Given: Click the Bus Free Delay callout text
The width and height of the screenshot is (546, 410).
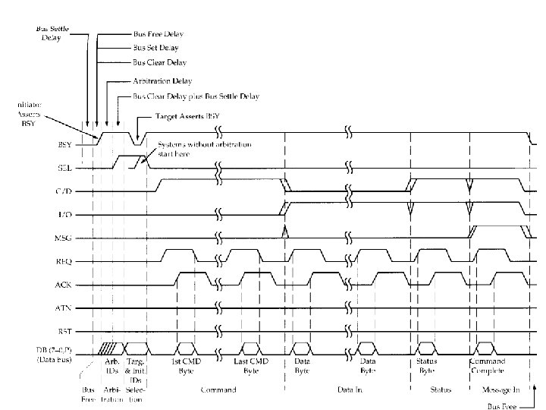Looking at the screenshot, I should coord(158,35).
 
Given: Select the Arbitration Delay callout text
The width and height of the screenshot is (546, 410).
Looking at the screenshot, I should coord(162,80).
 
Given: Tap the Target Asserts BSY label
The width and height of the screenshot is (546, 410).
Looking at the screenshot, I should coord(187,117).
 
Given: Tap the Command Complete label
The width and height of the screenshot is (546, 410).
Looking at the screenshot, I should coord(488,366).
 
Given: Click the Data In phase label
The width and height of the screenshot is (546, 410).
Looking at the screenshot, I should coord(351,390).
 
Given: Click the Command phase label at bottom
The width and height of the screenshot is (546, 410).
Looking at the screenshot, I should coord(218,390).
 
